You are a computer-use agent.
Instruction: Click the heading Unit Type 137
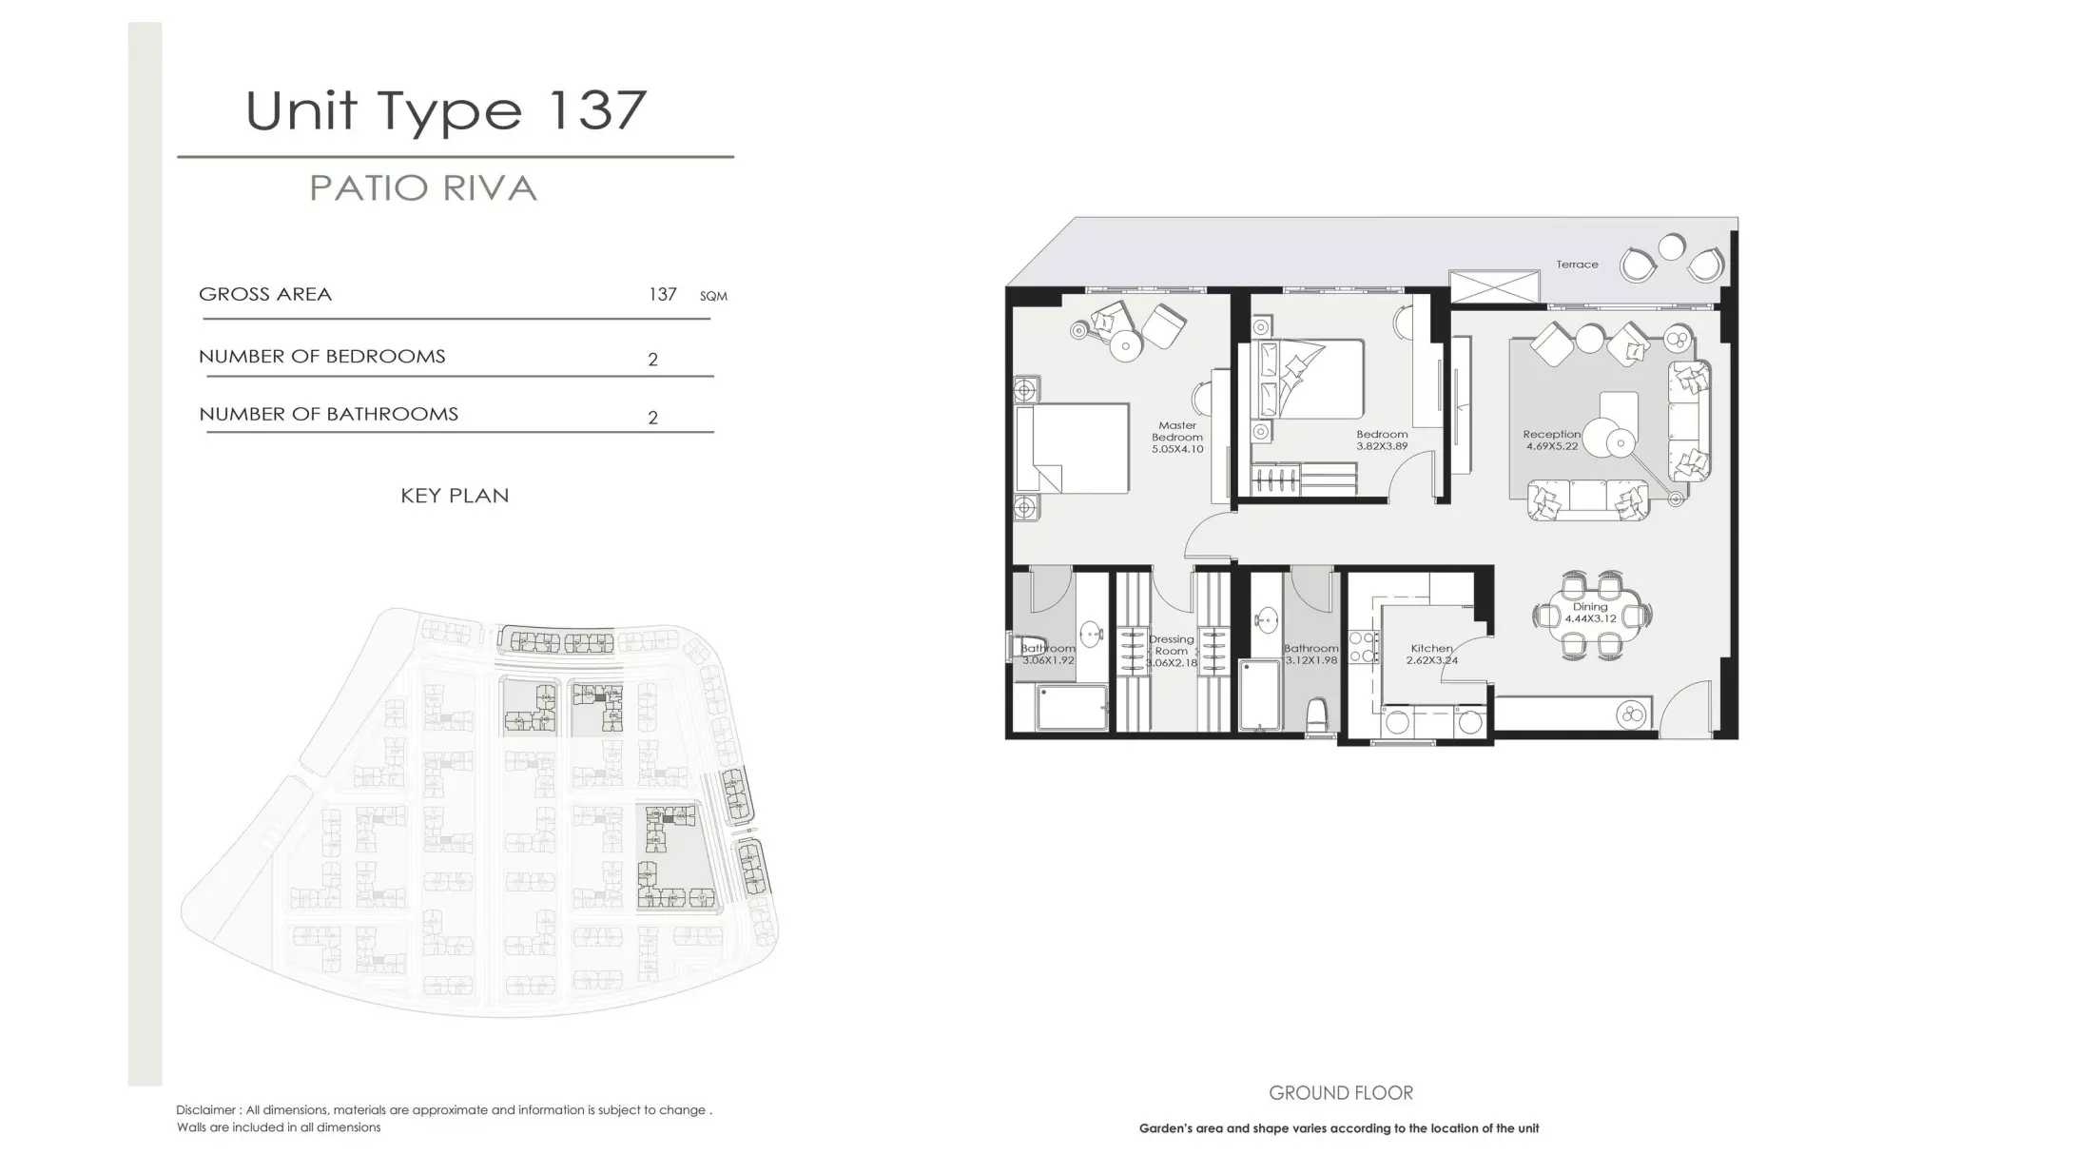coord(446,111)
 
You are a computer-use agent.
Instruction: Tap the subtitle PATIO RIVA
coord(423,188)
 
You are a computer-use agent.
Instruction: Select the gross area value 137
coord(662,294)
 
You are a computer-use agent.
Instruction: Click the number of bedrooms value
coord(652,360)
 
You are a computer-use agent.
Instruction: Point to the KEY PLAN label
coord(455,496)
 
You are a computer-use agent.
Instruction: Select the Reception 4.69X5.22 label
coord(1551,440)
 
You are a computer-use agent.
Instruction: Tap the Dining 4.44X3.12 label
coord(1590,613)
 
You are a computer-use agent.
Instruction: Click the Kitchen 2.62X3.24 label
coord(1431,654)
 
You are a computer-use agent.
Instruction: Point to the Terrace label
coord(1577,264)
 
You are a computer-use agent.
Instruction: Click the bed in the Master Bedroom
coord(1072,448)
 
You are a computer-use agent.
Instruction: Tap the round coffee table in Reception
coord(1621,441)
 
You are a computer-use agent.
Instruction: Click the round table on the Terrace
coord(1671,247)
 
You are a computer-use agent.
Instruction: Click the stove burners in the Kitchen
coord(1362,647)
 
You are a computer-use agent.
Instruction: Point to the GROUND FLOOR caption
coord(1341,1093)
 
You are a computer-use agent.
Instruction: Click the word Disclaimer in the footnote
coord(206,1110)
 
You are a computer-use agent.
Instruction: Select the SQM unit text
coord(713,297)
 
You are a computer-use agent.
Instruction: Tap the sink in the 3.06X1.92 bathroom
coord(1092,632)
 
